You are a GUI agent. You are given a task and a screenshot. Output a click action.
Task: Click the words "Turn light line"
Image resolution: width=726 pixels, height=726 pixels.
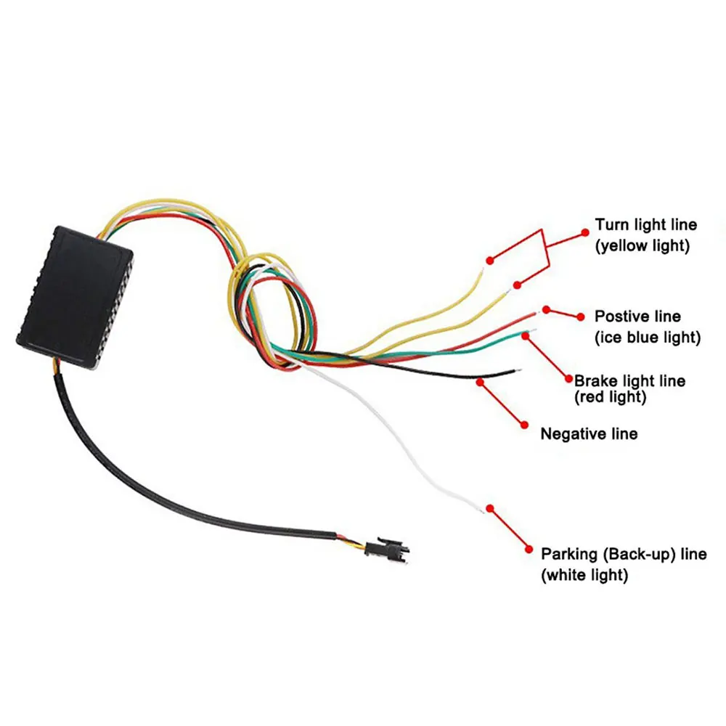click(x=645, y=225)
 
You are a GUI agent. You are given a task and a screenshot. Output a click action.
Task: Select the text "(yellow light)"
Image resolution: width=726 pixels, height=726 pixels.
click(x=642, y=246)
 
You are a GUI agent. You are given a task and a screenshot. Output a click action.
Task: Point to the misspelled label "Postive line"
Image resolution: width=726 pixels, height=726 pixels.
click(x=637, y=317)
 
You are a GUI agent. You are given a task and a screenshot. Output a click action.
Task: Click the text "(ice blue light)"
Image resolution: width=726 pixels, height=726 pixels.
click(x=648, y=338)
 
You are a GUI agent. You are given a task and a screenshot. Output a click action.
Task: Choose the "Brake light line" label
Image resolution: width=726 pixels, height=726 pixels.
click(x=629, y=380)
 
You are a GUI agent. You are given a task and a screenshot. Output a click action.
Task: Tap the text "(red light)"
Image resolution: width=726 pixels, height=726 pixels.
click(x=610, y=397)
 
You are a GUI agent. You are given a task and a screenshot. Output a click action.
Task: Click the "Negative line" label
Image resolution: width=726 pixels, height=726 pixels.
click(x=589, y=434)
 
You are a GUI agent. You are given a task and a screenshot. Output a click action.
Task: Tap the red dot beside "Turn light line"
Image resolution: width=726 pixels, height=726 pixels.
click(x=584, y=232)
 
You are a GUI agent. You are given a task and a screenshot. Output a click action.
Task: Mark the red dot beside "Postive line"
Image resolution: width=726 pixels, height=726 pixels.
click(x=580, y=316)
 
